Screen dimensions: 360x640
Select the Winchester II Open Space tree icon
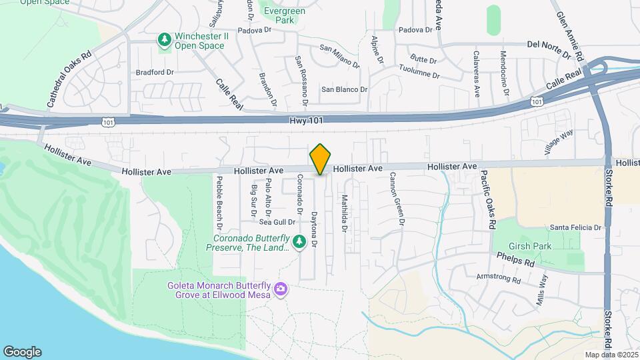(164, 41)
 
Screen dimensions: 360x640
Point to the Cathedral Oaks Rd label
(69, 80)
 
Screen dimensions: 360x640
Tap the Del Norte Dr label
(551, 45)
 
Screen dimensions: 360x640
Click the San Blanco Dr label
(344, 89)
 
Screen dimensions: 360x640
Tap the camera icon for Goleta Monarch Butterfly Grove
(281, 288)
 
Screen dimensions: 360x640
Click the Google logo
(22, 352)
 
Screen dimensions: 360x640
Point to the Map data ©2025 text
(610, 355)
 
